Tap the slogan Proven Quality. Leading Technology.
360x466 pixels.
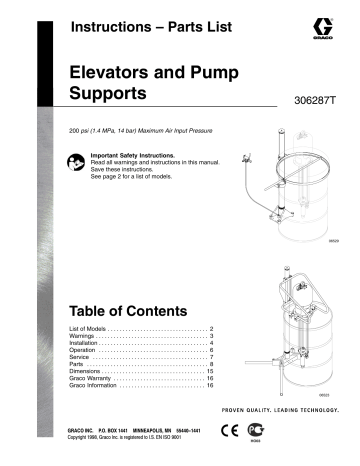(x=276, y=413)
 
